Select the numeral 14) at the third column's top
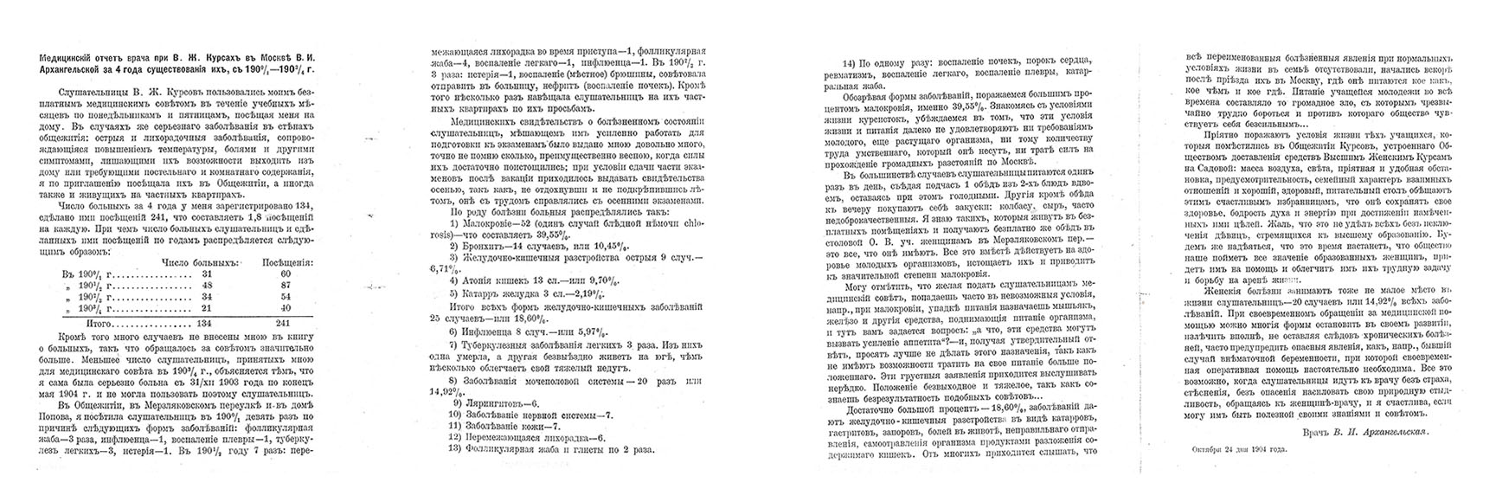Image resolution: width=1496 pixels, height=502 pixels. (x=849, y=64)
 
